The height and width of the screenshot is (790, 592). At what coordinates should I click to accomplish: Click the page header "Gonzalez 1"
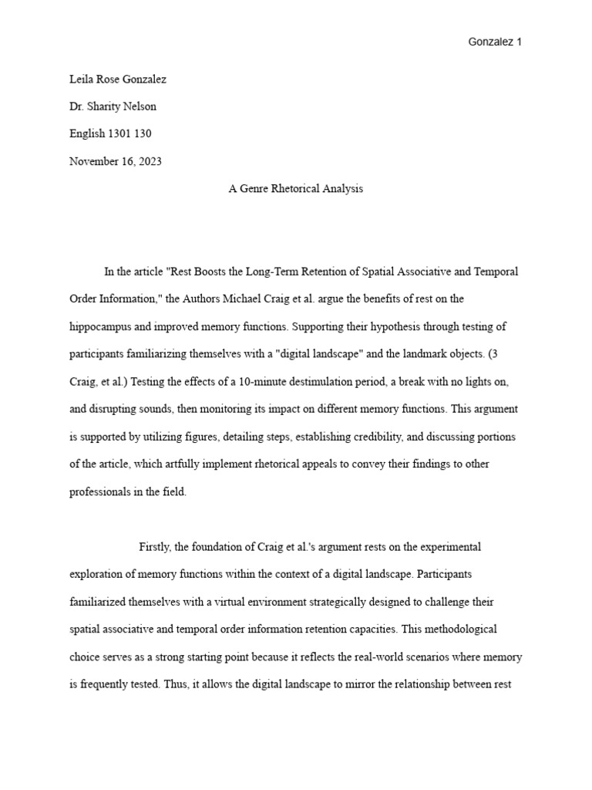point(495,42)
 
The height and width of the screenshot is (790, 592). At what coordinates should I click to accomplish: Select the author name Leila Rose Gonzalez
point(117,79)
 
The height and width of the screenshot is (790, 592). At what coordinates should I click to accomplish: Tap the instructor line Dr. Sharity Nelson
point(113,106)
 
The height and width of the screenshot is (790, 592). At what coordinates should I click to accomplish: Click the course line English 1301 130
point(110,133)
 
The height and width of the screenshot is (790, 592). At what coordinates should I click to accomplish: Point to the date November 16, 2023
point(116,161)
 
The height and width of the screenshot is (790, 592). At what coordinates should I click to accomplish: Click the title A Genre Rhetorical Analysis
point(295,189)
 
